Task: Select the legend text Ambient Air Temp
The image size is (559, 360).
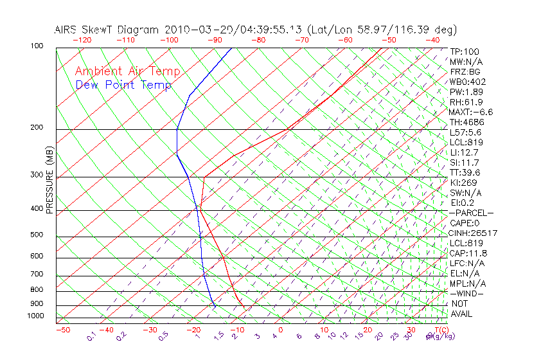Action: pyautogui.click(x=127, y=71)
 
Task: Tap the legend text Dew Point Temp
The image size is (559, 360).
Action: pyautogui.click(x=123, y=85)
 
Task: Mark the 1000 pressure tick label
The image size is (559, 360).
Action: pyautogui.click(x=36, y=316)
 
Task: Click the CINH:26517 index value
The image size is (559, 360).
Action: pyautogui.click(x=474, y=233)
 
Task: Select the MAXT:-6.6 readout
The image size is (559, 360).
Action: pyautogui.click(x=471, y=112)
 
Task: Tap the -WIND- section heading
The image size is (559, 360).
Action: pyautogui.click(x=467, y=293)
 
